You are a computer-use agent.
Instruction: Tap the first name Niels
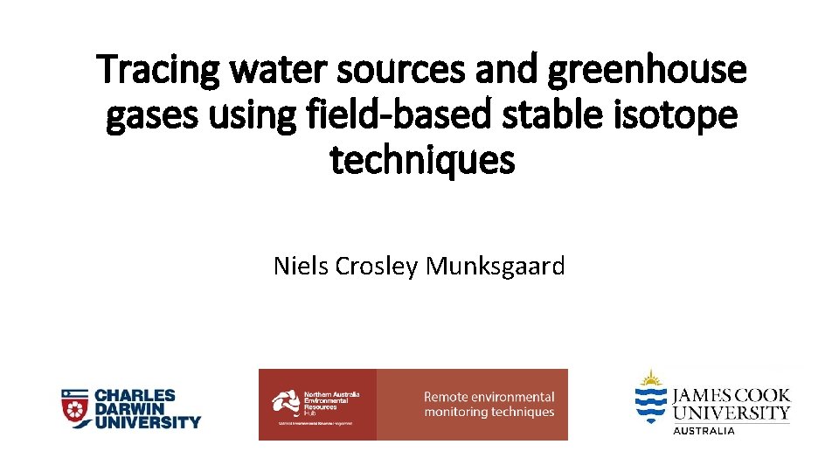pyautogui.click(x=300, y=266)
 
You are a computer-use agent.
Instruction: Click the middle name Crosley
pyautogui.click(x=377, y=266)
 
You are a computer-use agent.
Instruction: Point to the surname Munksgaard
pyautogui.click(x=495, y=266)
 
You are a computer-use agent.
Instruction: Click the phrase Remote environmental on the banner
pyautogui.click(x=489, y=397)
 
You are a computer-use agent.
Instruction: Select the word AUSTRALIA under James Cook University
pyautogui.click(x=704, y=431)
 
